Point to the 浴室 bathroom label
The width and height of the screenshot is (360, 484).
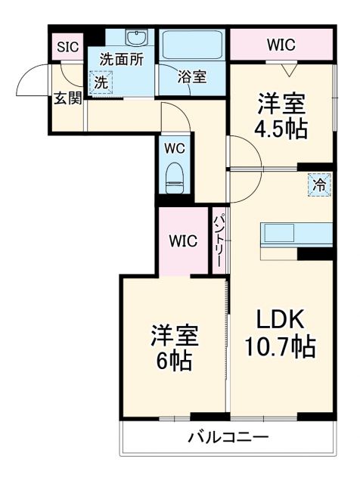[x=191, y=76]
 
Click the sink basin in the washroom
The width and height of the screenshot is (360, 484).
[x=137, y=38]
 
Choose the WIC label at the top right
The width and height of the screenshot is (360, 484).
[x=281, y=45]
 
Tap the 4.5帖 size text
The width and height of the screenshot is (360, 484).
[x=281, y=128]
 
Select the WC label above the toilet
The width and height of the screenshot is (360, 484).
[x=175, y=148]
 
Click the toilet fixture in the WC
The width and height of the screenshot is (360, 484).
[x=175, y=179]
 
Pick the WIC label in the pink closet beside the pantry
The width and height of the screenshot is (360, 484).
[x=182, y=241]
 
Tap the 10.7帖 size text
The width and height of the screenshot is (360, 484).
[x=279, y=347]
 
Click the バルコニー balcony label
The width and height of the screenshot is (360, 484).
[x=228, y=438]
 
